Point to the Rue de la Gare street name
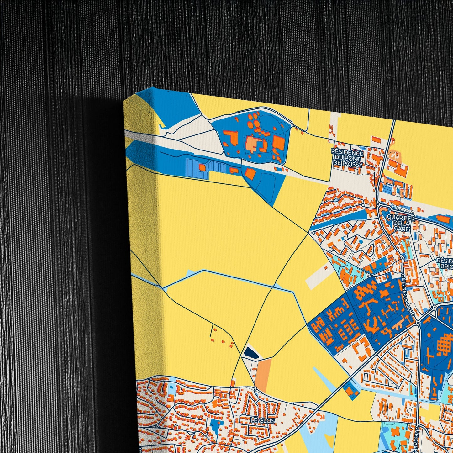pyautogui.click(x=408, y=295)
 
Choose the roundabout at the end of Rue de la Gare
pyautogui.click(x=418, y=323)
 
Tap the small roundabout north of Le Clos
pyautogui.click(x=255, y=388)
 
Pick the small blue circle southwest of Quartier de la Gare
pyautogui.click(x=360, y=242)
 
